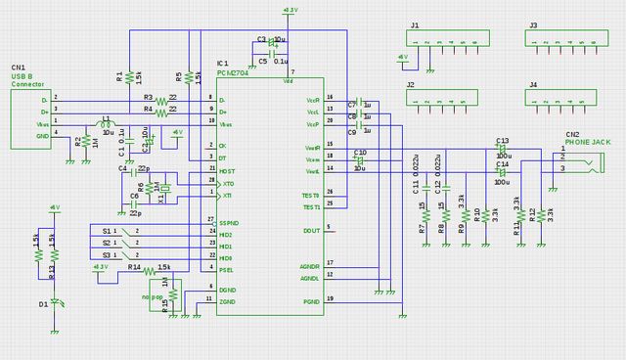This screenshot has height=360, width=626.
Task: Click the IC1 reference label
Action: pos(223,63)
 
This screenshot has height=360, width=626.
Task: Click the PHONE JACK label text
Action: pos(588,143)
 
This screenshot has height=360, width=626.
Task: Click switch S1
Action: pos(124,230)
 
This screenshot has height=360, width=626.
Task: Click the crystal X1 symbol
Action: pos(164,189)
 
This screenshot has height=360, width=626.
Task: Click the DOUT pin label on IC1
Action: pos(311,230)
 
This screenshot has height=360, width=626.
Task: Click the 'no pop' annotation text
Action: pos(152,295)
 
